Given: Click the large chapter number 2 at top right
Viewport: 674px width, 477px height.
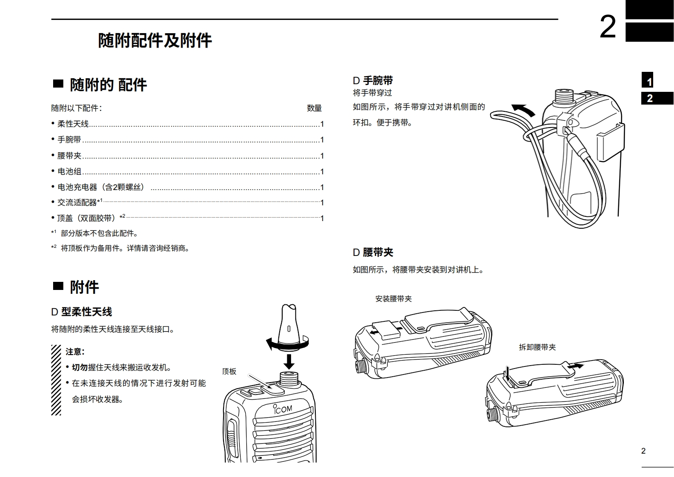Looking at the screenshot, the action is [607, 27].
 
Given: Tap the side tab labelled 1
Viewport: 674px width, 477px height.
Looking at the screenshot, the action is [649, 81].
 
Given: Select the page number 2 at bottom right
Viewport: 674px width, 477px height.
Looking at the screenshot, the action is [643, 451].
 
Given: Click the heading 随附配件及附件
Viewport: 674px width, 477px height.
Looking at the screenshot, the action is [155, 41].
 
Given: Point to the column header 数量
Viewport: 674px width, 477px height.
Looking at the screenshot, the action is [314, 108].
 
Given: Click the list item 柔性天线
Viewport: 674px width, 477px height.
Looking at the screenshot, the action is [73, 124].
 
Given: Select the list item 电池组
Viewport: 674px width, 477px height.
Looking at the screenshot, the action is [69, 171].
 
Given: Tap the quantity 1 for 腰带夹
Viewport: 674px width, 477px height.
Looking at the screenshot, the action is [322, 156].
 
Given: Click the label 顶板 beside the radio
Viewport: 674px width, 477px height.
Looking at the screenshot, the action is [229, 371].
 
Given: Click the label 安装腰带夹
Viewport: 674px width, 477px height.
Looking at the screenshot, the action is [393, 298].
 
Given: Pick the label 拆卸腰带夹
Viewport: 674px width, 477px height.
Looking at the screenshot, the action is [537, 347].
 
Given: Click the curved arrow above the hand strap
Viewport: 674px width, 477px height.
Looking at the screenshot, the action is [523, 110].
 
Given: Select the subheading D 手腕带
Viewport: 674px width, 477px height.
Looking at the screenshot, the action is [372, 80].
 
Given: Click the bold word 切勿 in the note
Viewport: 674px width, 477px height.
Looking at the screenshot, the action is [79, 367].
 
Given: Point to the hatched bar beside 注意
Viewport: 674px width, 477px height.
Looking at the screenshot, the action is [56, 380].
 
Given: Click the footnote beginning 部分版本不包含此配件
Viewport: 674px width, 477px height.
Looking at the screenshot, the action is [99, 233].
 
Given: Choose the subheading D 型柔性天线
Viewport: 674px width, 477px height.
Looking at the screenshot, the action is [81, 312].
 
